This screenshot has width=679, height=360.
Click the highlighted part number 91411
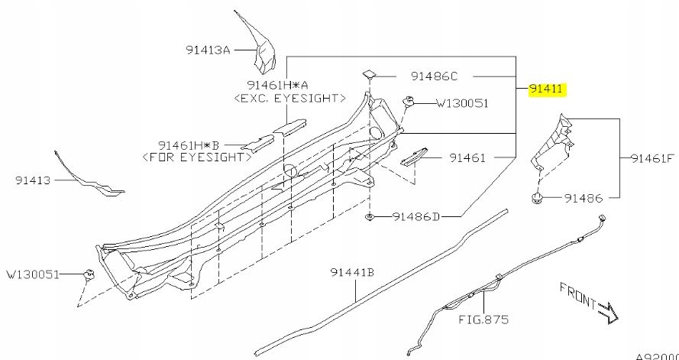coord(547,89)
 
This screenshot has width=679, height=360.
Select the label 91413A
coord(207,50)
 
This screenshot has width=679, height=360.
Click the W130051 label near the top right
coord(462,103)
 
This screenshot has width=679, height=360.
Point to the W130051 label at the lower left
coord(33,273)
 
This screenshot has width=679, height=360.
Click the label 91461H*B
coord(189,144)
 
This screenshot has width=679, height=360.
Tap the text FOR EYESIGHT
coord(198,157)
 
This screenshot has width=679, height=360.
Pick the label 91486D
coord(417,217)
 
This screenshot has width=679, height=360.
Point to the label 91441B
coord(351,271)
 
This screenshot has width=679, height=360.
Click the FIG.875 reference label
coord(483,319)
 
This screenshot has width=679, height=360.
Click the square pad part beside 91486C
coord(370,73)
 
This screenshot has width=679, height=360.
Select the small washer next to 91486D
coord(370,218)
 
